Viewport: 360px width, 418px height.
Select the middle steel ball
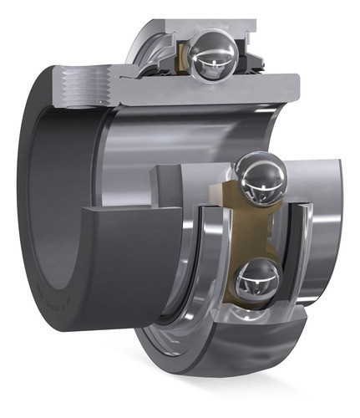pyautogui.click(x=261, y=176)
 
